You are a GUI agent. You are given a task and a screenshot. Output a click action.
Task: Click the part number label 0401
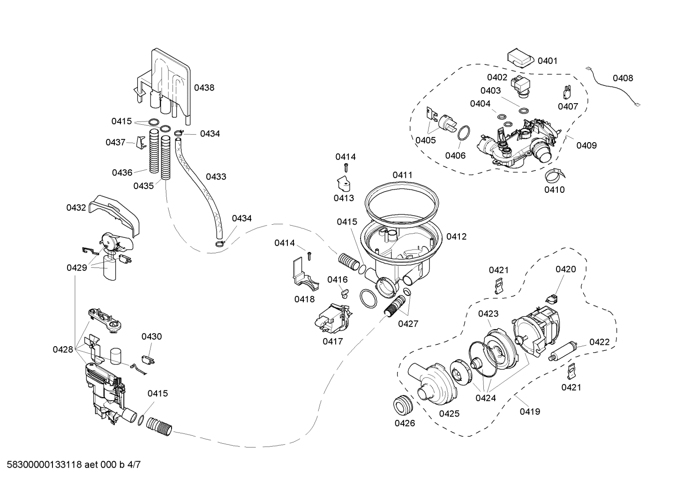pyautogui.click(x=547, y=61)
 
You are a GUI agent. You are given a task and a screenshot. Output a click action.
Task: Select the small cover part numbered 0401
pyautogui.click(x=520, y=59)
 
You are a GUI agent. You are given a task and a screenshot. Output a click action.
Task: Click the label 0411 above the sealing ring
pyautogui.click(x=402, y=175)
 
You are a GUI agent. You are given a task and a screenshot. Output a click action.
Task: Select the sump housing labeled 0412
pyautogui.click(x=398, y=249)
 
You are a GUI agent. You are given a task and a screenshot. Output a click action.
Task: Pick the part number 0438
pyautogui.click(x=204, y=87)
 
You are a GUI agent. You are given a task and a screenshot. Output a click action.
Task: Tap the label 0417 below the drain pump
pyautogui.click(x=332, y=341)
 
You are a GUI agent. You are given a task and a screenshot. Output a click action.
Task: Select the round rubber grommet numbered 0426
pyautogui.click(x=403, y=405)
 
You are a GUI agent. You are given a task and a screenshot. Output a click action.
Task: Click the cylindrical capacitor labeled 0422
pyautogui.click(x=565, y=351)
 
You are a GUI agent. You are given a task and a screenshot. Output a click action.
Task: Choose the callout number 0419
pyautogui.click(x=530, y=412)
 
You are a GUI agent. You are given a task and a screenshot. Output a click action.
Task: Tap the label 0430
pyautogui.click(x=151, y=336)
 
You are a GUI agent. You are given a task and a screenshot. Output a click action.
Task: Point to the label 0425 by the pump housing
pyautogui.click(x=449, y=414)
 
